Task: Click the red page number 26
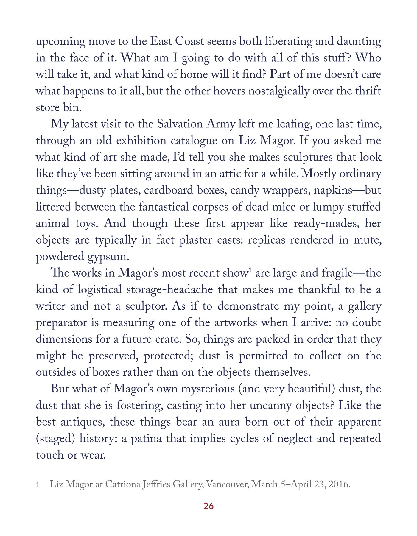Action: click(208, 506)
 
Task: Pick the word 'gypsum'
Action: click(108, 257)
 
